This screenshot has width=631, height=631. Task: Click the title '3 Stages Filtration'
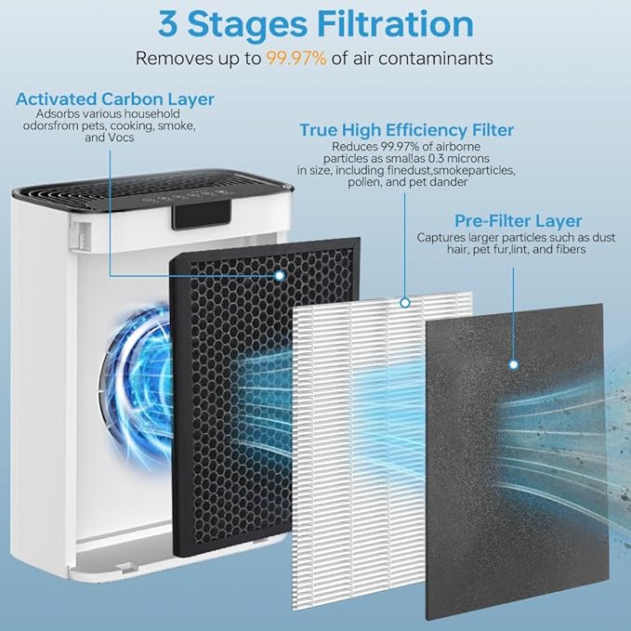coord(315,22)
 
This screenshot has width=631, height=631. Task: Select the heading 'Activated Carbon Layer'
coord(114,99)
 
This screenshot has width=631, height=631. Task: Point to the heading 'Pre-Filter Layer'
coord(518,221)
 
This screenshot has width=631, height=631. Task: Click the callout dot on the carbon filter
coord(280,276)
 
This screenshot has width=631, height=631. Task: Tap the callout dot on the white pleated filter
coord(404,302)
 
